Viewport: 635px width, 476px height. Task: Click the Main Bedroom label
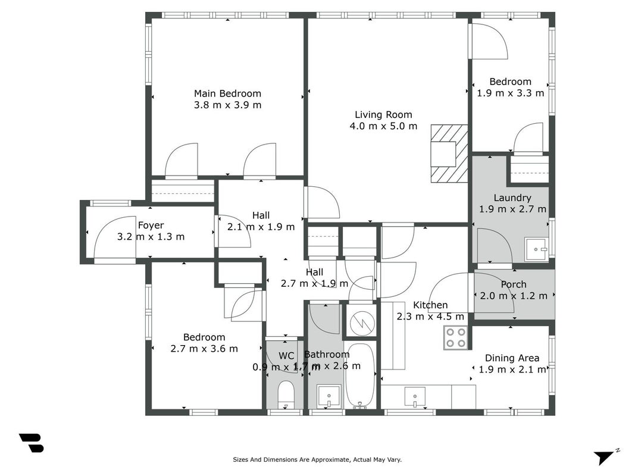click(227, 93)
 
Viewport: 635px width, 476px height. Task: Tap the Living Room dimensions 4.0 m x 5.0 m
click(383, 126)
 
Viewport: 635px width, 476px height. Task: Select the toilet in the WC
click(286, 394)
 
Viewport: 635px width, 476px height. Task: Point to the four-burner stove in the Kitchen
click(456, 338)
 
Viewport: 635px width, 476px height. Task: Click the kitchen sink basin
click(415, 396)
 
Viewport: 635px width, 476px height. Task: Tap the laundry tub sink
click(537, 249)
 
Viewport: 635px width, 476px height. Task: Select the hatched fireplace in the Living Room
click(449, 154)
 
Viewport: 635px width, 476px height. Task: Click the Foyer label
click(151, 226)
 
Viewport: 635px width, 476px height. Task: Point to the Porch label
click(514, 284)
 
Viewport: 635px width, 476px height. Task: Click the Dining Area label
click(512, 358)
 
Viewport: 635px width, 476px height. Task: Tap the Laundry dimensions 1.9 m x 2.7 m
click(512, 209)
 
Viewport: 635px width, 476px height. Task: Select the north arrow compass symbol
click(606, 456)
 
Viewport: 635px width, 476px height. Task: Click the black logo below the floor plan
click(32, 443)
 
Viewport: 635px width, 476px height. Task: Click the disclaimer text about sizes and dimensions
click(317, 459)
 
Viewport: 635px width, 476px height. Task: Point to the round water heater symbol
click(362, 323)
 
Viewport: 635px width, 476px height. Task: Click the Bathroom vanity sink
click(329, 396)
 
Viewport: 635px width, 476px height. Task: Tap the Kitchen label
click(430, 305)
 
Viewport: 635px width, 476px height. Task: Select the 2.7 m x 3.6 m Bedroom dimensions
click(204, 349)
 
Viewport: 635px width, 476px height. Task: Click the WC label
click(286, 356)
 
